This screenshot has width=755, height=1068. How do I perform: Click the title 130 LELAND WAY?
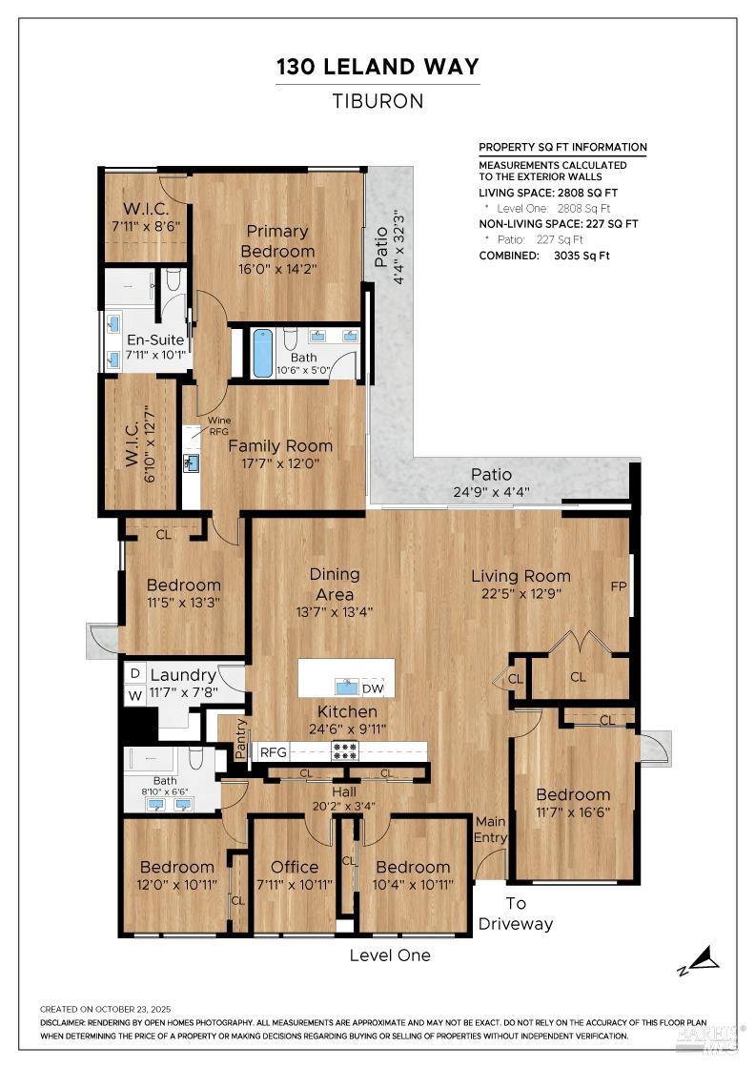tap(377, 67)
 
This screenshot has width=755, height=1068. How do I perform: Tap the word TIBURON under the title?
tap(377, 101)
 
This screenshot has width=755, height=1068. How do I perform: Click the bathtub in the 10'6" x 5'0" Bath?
tap(262, 354)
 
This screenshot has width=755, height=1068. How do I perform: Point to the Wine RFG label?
tap(218, 425)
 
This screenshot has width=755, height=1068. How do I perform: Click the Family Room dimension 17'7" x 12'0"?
tap(279, 464)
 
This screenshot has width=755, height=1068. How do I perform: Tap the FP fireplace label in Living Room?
tap(619, 585)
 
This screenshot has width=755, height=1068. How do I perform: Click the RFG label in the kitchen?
tap(274, 751)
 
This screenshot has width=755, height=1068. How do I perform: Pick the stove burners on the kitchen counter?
tap(344, 750)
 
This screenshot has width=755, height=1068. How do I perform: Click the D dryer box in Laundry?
tap(135, 674)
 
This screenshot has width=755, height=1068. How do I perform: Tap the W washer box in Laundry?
tap(135, 694)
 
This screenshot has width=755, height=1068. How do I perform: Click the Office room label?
tap(295, 867)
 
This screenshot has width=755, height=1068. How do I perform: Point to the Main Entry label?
tap(491, 830)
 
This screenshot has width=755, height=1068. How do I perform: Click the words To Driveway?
tap(516, 914)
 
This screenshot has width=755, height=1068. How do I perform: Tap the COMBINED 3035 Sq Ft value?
tap(575, 256)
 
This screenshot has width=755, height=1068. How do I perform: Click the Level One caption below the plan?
tap(390, 955)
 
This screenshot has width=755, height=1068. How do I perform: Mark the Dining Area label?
tap(335, 583)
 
